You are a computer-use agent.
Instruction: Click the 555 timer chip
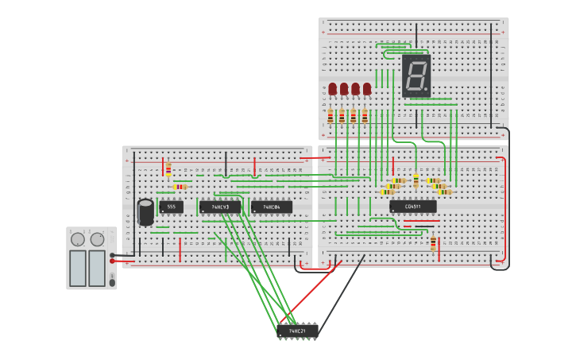tap(171, 207)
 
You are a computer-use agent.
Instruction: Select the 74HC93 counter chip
tap(220, 207)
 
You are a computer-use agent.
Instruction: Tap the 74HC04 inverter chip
tap(271, 207)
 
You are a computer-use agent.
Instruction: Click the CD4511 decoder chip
tap(412, 207)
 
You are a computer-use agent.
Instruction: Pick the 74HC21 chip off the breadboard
tap(297, 331)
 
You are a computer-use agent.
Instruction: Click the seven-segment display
tap(416, 76)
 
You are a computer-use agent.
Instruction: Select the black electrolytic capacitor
tap(145, 212)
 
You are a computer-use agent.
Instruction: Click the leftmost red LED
tap(332, 89)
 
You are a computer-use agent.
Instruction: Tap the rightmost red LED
tap(366, 89)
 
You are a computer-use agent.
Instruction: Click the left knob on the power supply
tap(78, 239)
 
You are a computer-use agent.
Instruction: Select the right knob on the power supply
tap(97, 239)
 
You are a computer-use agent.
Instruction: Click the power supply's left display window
tap(78, 268)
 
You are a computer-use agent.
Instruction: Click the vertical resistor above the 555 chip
tap(168, 169)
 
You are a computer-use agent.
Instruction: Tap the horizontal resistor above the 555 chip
tap(180, 187)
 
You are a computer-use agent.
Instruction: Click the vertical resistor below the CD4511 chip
tap(433, 242)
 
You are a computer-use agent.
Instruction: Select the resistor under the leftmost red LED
tap(331, 116)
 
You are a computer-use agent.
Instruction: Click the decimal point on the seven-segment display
tap(427, 91)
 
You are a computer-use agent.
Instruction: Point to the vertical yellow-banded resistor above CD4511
tap(416, 180)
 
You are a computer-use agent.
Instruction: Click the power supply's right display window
tap(97, 268)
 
